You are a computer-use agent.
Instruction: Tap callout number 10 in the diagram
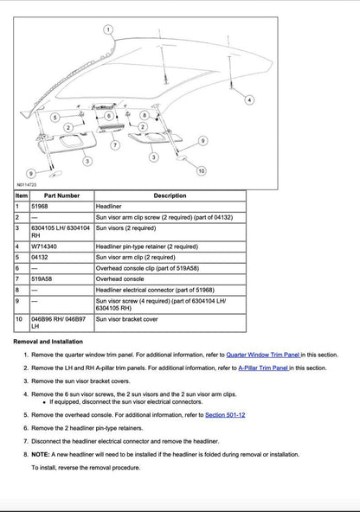pyautogui.click(x=201, y=171)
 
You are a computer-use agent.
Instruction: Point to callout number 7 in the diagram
pyautogui.click(x=114, y=146)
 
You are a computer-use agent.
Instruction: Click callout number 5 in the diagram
pyautogui.click(x=55, y=116)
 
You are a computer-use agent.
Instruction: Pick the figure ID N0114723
pyautogui.click(x=26, y=184)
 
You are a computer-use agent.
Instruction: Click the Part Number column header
pyautogui.click(x=61, y=196)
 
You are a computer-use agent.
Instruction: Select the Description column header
pyautogui.click(x=170, y=196)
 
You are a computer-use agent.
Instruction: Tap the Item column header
pyautogui.click(x=22, y=196)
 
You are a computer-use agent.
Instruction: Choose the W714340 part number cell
pyautogui.click(x=44, y=246)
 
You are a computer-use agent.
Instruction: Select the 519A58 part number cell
pyautogui.click(x=42, y=279)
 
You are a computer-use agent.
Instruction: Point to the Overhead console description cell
pyautogui.click(x=120, y=279)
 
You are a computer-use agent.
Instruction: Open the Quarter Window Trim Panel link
pyautogui.click(x=263, y=355)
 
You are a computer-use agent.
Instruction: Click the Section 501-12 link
pyautogui.click(x=225, y=415)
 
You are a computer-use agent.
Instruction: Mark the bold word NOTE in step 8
pyautogui.click(x=39, y=453)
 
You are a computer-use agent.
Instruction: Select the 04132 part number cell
pyautogui.click(x=40, y=258)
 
